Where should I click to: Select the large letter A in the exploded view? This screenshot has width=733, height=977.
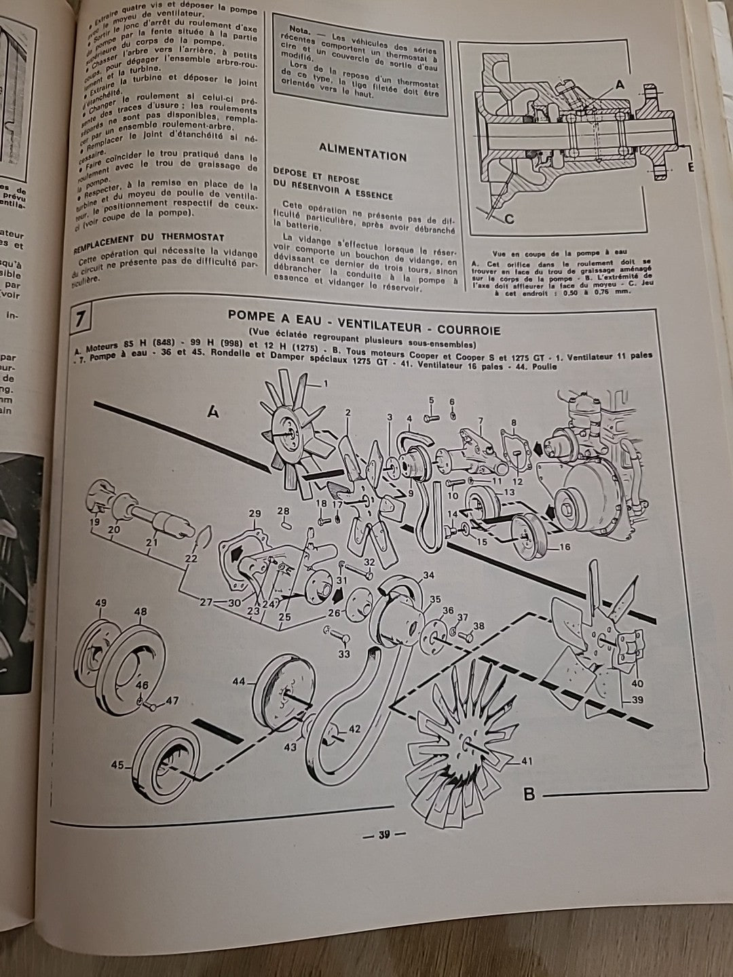212,411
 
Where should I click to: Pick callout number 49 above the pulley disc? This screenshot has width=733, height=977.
102,602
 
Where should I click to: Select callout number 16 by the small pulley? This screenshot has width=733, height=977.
564,547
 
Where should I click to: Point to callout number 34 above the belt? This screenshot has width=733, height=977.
428,576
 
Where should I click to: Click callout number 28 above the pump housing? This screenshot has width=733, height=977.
283,510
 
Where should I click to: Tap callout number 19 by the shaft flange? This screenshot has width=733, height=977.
94,522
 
